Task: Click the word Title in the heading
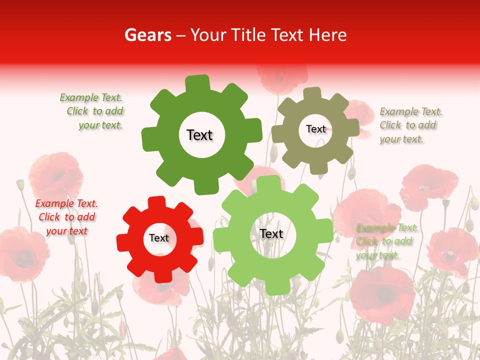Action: (x=247, y=35)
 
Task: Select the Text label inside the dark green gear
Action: (x=199, y=135)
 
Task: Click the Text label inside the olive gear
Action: (x=315, y=129)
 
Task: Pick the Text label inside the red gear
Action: (x=159, y=238)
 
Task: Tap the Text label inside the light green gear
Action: (x=271, y=233)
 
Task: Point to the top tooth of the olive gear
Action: (x=312, y=93)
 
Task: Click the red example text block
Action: (x=66, y=217)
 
